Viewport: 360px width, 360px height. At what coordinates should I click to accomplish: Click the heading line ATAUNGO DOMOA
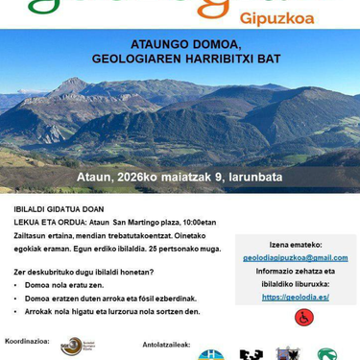(x=180, y=44)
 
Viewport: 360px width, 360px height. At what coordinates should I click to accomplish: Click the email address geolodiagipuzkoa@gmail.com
(x=296, y=257)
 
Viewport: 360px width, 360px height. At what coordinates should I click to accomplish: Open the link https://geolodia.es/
(x=295, y=297)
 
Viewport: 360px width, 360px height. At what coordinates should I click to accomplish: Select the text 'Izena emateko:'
(x=296, y=245)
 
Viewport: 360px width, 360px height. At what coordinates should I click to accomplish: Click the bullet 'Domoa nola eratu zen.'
(x=65, y=285)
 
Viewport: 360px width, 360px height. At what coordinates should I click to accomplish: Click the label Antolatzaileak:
(x=166, y=343)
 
